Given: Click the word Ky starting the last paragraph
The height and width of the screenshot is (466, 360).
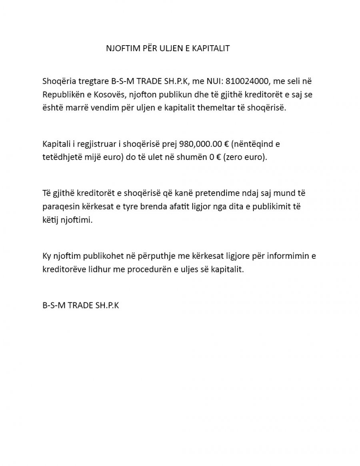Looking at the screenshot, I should coord(46,256).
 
